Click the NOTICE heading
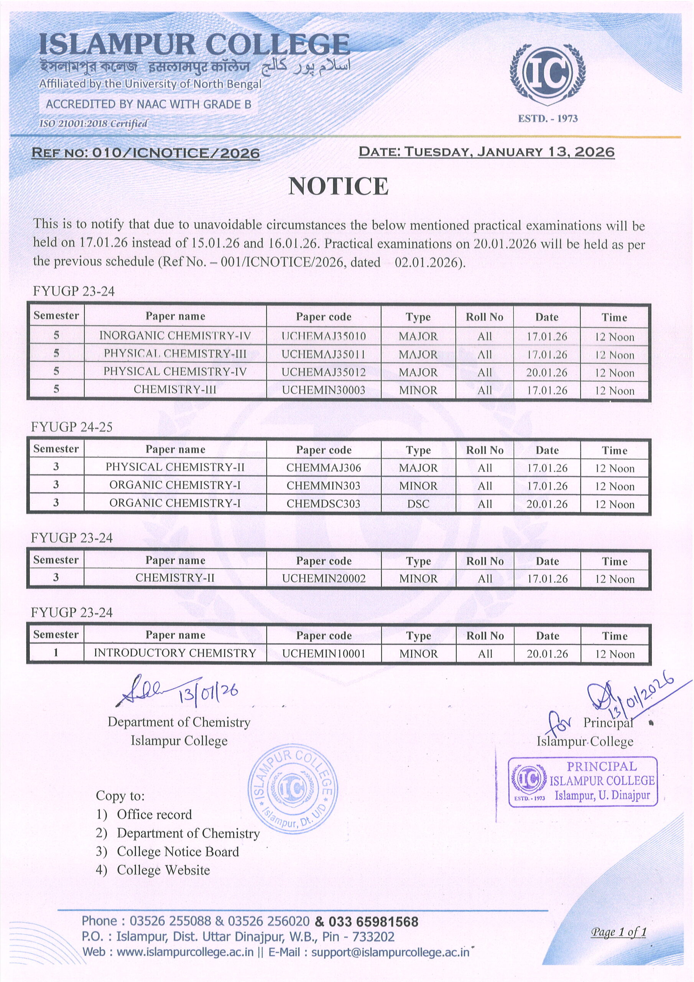pos(338,186)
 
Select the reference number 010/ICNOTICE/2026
pos(176,153)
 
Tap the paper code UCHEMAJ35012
pos(323,372)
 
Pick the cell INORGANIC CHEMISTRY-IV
pos(175,336)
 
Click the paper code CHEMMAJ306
pos(323,468)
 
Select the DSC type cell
pos(418,504)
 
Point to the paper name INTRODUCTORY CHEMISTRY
pos(175,653)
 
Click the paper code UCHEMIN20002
pos(323,579)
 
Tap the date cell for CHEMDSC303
pos(546,504)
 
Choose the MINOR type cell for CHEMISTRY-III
pos(418,390)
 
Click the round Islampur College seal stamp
pos(293,788)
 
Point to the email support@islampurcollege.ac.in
pos(390,952)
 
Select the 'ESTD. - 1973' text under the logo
pos(548,119)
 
